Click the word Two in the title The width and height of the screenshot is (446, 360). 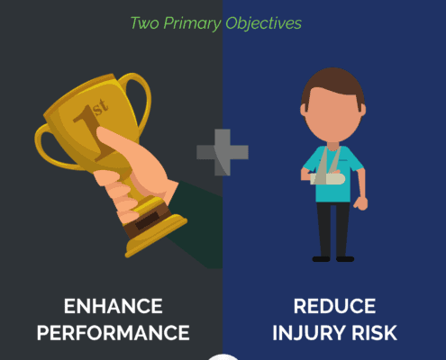click(x=145, y=23)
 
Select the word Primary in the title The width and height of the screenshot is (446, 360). click(x=192, y=24)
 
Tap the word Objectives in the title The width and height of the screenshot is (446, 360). click(x=263, y=23)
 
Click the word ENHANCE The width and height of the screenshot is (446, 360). click(x=114, y=306)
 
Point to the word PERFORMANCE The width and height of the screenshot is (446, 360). click(x=114, y=333)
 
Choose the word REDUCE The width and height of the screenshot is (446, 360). click(x=334, y=306)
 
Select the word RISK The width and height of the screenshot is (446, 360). click(x=375, y=333)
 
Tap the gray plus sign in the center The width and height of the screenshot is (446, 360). click(x=223, y=152)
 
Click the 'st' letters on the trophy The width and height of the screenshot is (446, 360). click(x=101, y=107)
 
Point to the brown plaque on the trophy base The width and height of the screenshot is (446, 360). click(x=147, y=220)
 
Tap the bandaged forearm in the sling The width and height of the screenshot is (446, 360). click(x=328, y=179)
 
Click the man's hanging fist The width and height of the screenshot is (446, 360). click(x=360, y=203)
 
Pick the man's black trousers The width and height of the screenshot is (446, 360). click(x=333, y=229)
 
